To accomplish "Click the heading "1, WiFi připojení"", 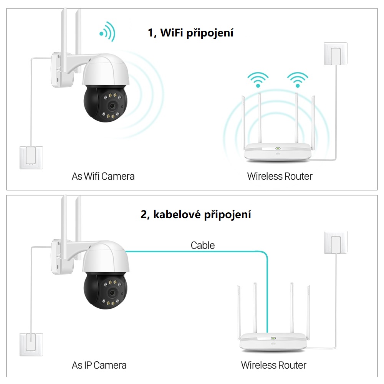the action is click(190, 33).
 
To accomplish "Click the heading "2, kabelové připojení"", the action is click(196, 215).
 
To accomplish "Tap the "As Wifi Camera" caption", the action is click(103, 176).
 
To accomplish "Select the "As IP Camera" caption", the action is click(99, 365).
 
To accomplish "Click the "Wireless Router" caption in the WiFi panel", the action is click(280, 176).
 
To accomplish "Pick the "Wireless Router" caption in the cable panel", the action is click(273, 365).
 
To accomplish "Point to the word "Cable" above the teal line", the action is click(203, 245).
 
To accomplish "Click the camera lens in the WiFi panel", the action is click(112, 106).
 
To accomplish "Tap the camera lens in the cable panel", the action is click(112, 293).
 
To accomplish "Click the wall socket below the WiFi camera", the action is click(31, 158).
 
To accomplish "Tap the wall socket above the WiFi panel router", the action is click(336, 54).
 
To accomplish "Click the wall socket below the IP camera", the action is click(31, 345).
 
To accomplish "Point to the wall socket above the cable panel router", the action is click(336, 242).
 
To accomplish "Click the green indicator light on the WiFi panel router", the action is click(278, 148).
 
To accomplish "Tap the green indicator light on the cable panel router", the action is click(273, 338).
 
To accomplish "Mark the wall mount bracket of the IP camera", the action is click(62, 257).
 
